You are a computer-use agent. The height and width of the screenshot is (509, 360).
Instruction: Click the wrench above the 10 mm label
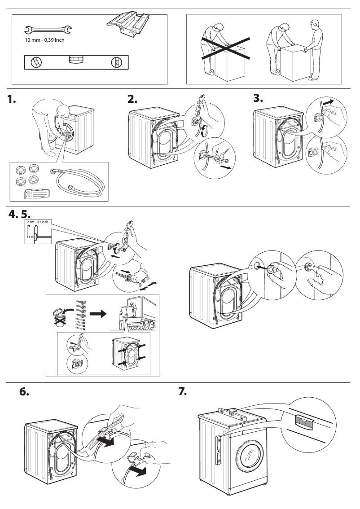pos(47,31)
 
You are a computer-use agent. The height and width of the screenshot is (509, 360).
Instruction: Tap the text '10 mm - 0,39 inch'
pos(44,40)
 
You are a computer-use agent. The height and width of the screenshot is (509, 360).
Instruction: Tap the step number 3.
pos(258,99)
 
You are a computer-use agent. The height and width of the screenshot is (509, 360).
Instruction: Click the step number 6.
pos(25,392)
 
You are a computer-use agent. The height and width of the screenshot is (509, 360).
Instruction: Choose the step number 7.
pos(183,392)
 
